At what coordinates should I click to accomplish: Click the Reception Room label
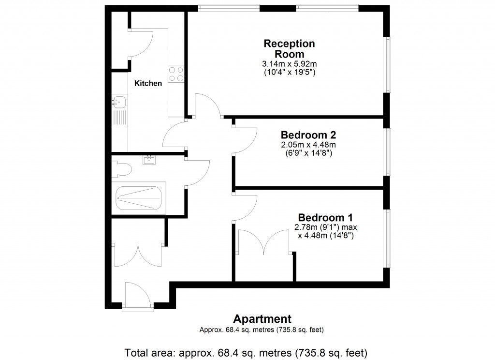(289, 48)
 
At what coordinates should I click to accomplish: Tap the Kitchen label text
(148, 83)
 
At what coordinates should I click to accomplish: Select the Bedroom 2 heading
(308, 135)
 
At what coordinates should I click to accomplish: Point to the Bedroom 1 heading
(325, 217)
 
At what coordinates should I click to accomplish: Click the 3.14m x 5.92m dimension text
(289, 63)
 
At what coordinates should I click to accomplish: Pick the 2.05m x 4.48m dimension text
(308, 145)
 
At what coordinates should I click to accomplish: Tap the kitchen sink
(119, 102)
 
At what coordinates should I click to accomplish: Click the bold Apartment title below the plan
(262, 319)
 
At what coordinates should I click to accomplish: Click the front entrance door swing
(138, 293)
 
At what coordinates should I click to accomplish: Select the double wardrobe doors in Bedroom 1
(263, 240)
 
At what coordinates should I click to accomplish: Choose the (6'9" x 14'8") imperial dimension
(308, 153)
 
